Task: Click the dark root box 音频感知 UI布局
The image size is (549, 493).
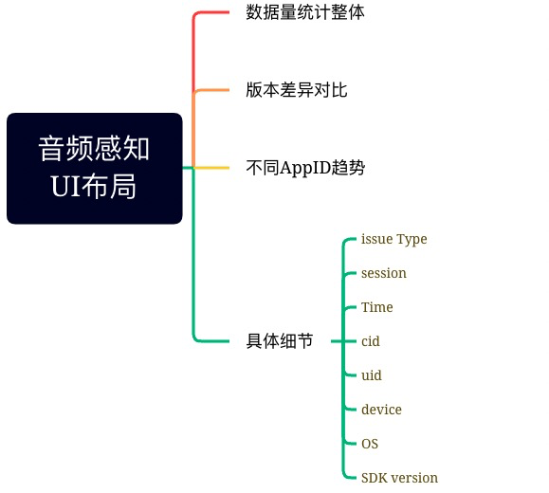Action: click(94, 168)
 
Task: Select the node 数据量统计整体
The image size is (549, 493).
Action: click(304, 13)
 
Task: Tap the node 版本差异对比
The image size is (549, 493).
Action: click(289, 90)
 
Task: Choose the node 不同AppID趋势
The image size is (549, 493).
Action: click(305, 168)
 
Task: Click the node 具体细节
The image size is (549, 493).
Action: click(279, 340)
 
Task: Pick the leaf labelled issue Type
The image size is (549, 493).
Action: click(393, 239)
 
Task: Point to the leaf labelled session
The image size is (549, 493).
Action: click(383, 273)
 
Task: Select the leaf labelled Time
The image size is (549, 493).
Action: click(376, 307)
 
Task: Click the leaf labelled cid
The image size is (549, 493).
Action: click(371, 341)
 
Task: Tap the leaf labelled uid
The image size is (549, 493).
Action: click(371, 375)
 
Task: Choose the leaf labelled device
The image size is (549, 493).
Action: click(381, 410)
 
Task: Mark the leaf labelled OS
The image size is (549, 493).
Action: click(370, 444)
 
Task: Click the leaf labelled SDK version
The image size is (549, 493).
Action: click(399, 478)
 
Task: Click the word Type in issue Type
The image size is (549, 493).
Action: click(412, 239)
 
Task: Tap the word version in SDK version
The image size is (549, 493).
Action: click(414, 478)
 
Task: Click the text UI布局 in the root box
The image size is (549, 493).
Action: click(94, 186)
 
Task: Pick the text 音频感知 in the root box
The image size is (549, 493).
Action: click(94, 150)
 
